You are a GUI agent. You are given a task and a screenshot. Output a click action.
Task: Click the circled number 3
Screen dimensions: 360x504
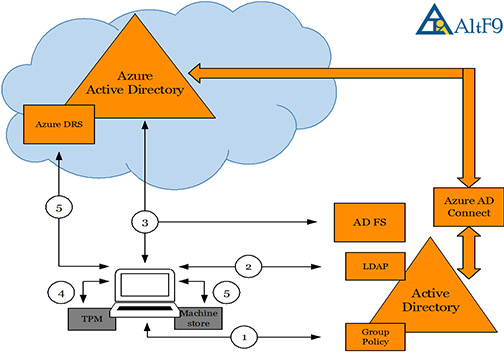coord(147,218)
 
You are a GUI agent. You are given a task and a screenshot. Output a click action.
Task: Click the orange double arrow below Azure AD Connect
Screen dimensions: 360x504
coord(462,258)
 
